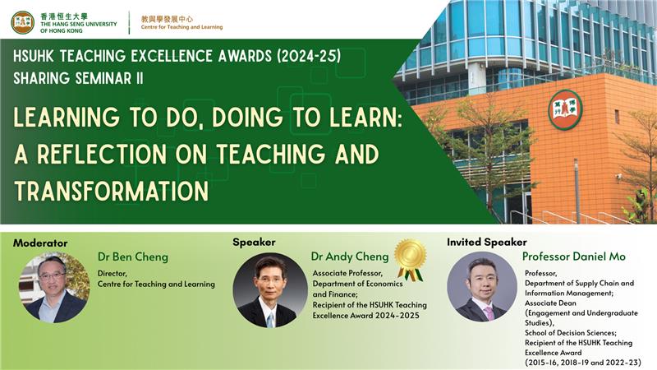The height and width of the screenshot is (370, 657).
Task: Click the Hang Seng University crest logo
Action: (23, 22)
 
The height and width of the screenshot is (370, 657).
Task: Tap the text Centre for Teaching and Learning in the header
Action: (181, 27)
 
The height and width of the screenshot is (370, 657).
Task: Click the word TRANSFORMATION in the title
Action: (111, 190)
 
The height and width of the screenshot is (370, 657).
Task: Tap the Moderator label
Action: (39, 243)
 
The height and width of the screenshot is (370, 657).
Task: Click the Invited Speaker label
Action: (487, 243)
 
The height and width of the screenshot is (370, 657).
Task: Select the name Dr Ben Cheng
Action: (133, 257)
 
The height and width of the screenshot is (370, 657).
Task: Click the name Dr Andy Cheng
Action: (350, 257)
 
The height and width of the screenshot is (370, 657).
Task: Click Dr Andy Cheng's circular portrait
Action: (270, 289)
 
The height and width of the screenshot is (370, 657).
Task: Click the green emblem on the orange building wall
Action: (565, 109)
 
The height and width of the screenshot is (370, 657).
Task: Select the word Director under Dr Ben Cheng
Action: (115, 274)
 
